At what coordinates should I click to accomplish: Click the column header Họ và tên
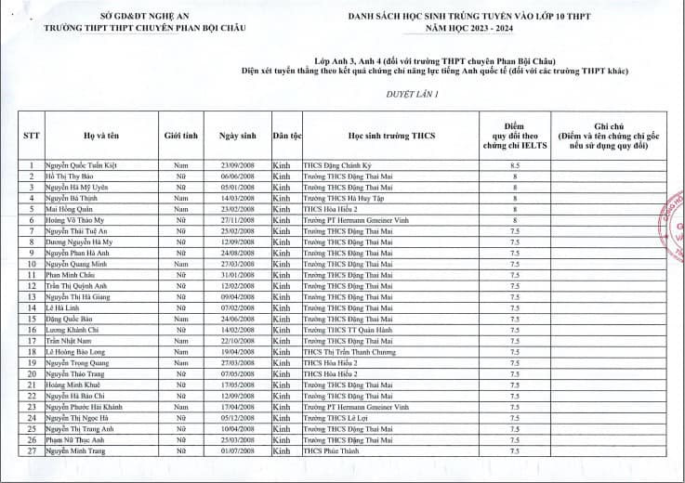tap(99, 136)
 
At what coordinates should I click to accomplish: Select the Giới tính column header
tap(181, 136)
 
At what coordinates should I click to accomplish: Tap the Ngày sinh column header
tap(237, 136)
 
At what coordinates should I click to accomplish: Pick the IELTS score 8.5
tap(514, 164)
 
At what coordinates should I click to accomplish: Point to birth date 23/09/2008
tap(237, 164)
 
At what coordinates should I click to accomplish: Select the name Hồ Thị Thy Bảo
tap(71, 176)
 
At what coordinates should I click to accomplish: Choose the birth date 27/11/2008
tap(237, 220)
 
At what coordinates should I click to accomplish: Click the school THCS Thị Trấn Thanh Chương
tap(349, 352)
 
